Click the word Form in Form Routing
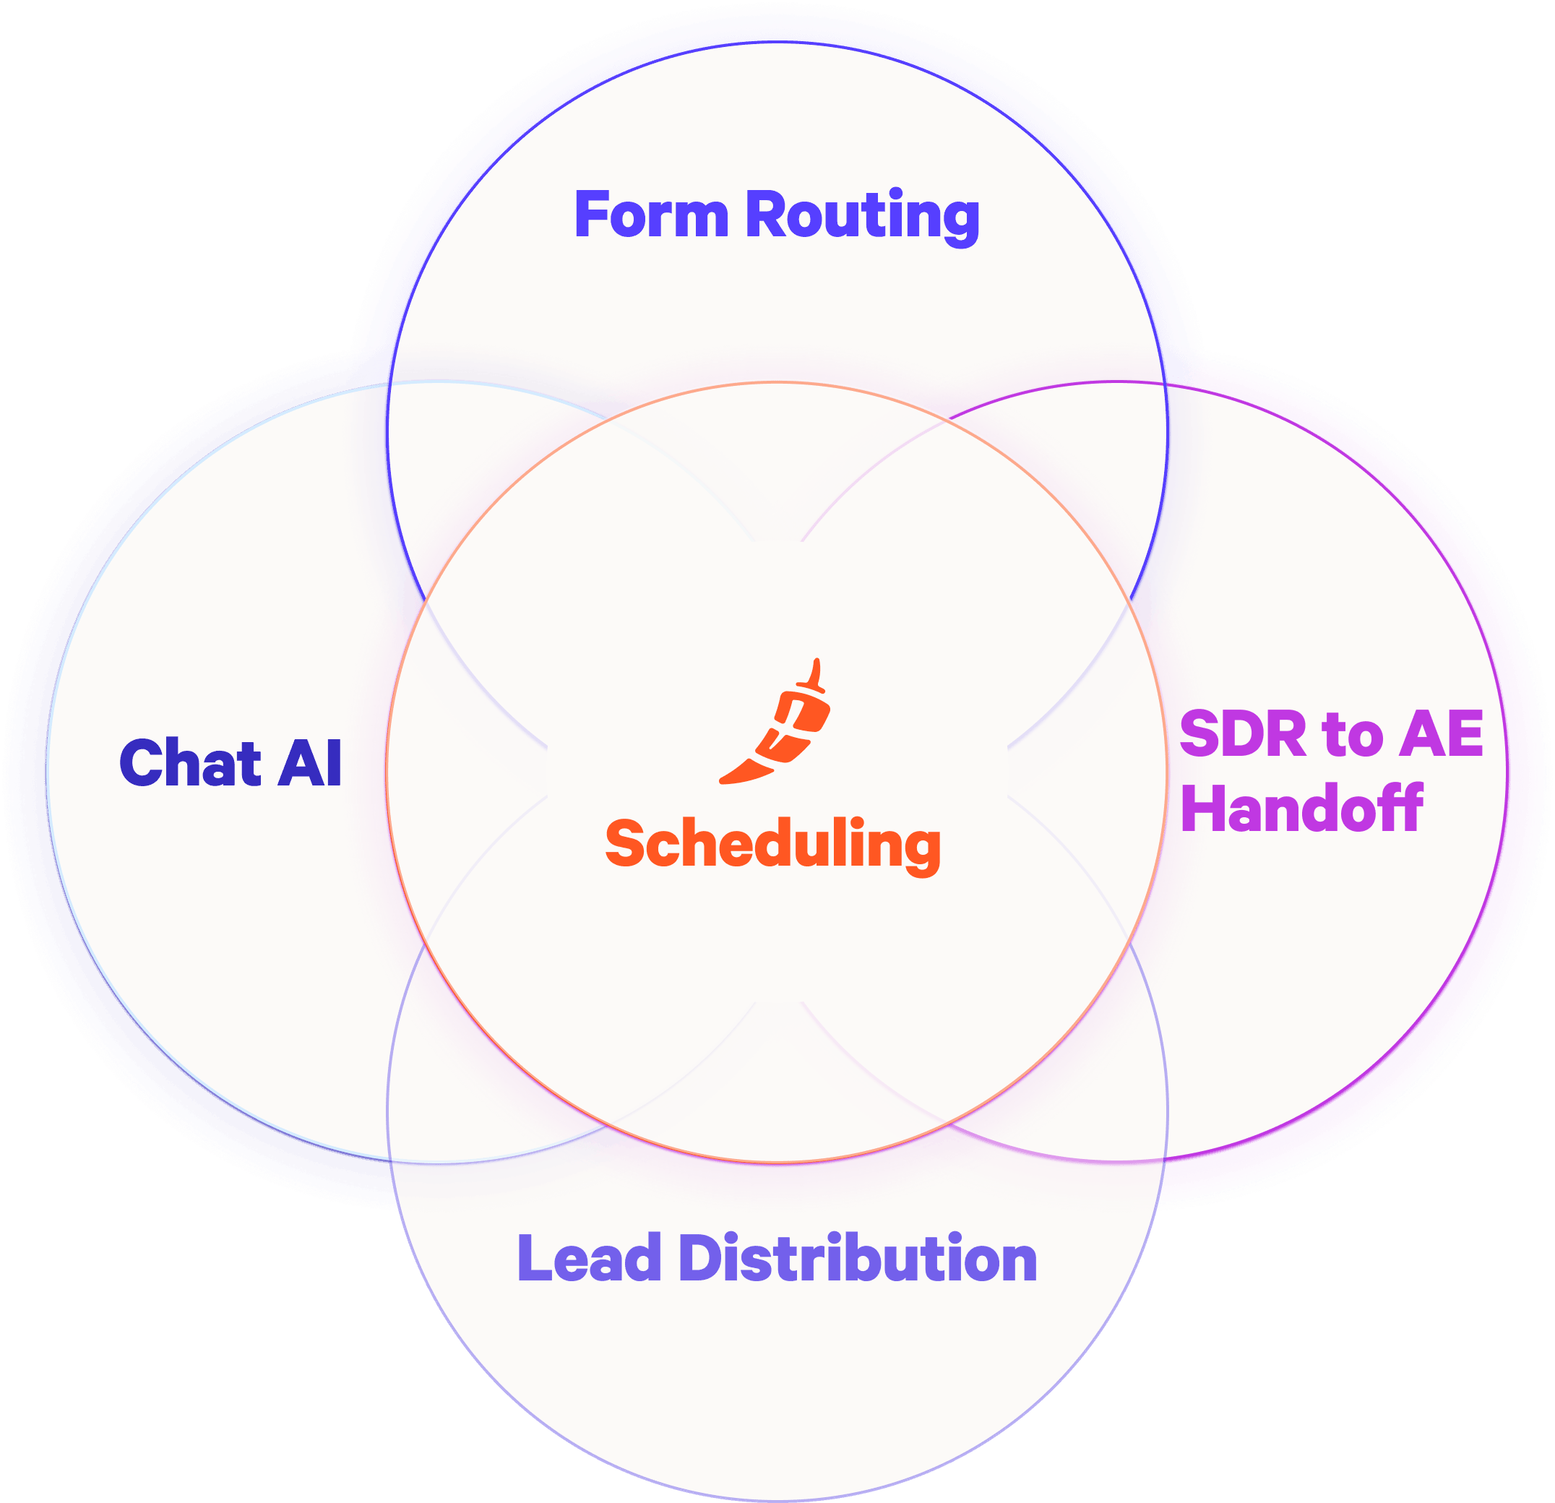(x=650, y=215)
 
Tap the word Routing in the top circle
(x=862, y=216)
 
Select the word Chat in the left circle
(x=191, y=762)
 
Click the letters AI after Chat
(x=310, y=762)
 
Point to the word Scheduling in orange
(x=772, y=844)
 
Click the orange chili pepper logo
(x=781, y=726)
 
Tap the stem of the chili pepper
(x=816, y=674)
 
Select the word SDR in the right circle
(x=1242, y=734)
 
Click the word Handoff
(x=1302, y=808)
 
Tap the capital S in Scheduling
(x=625, y=843)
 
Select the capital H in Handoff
(x=1199, y=808)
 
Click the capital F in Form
(x=590, y=215)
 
